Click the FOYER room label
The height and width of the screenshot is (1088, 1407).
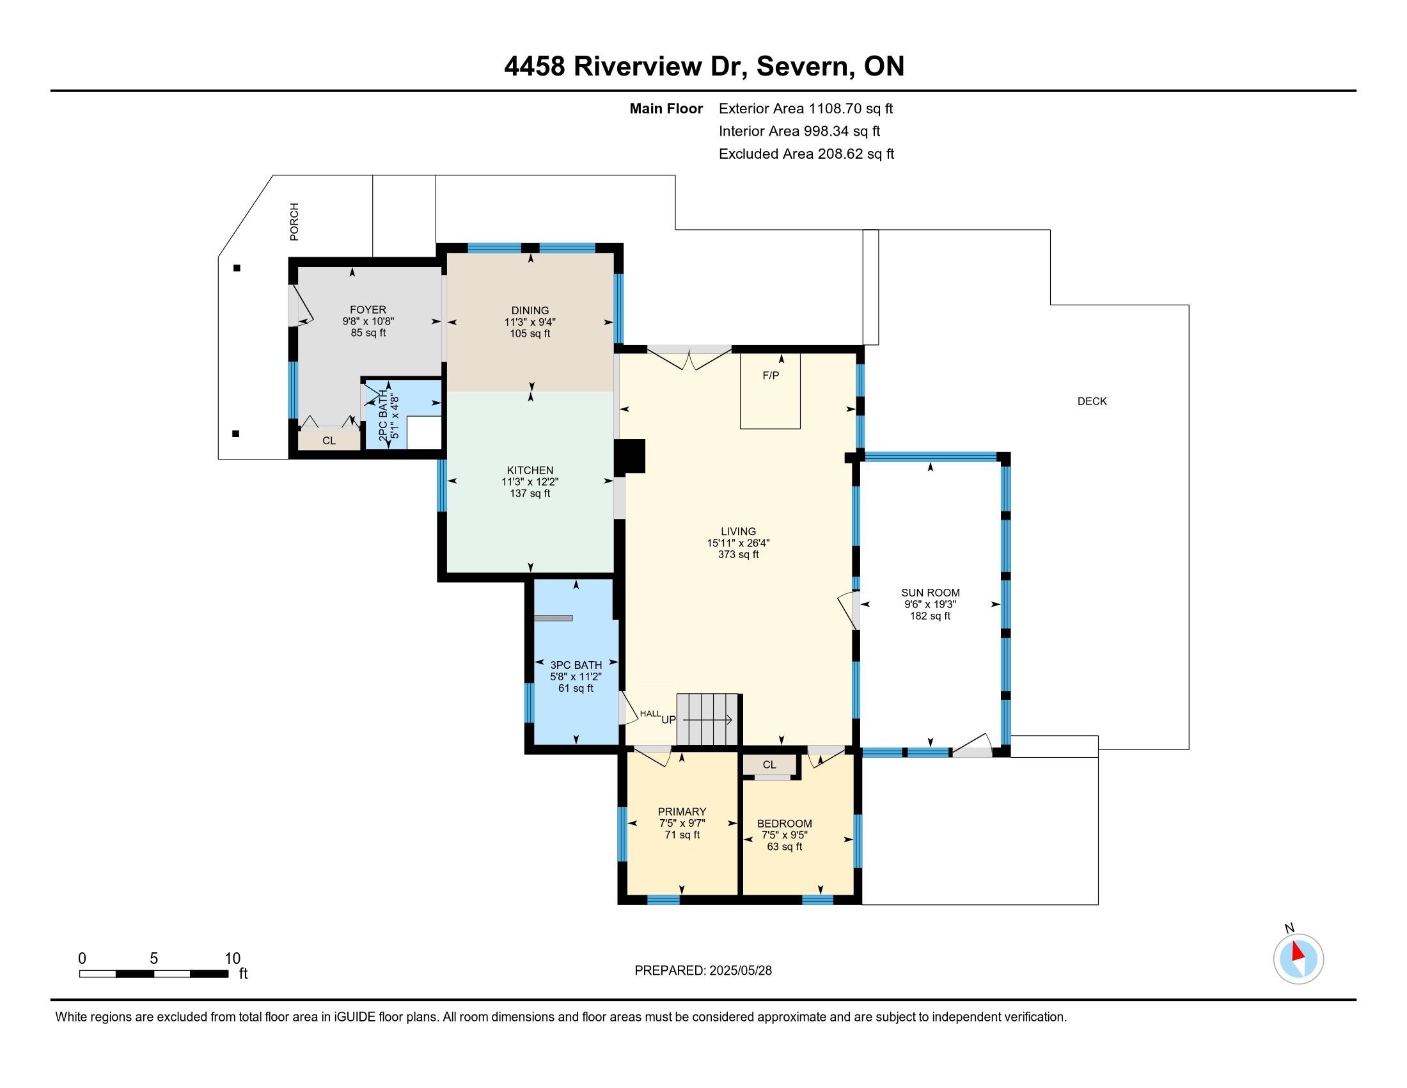(x=368, y=309)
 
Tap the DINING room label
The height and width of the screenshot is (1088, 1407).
(x=530, y=310)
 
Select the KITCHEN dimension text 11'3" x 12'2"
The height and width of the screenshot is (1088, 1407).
(x=530, y=481)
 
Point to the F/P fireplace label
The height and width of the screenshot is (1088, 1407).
(x=771, y=375)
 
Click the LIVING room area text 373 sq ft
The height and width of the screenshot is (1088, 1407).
(x=738, y=554)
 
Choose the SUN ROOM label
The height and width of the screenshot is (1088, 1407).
(x=931, y=593)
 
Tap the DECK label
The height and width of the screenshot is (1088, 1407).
(x=1092, y=401)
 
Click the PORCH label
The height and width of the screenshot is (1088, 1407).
(x=294, y=221)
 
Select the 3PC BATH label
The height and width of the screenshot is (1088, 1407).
(x=576, y=664)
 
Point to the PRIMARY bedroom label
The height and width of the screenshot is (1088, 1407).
(x=682, y=812)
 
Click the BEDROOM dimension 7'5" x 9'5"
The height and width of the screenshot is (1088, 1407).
(x=785, y=835)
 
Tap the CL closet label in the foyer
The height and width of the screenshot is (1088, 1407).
(x=329, y=441)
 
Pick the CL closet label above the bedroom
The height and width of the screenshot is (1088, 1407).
(x=769, y=764)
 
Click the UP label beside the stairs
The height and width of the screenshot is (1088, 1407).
(x=669, y=719)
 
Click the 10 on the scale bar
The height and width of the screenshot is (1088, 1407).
(x=233, y=959)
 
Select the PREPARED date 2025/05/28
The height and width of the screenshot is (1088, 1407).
(x=740, y=971)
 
